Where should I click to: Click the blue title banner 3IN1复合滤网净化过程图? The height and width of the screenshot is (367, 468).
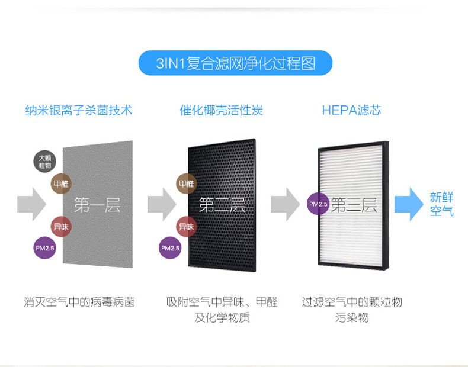click(235, 63)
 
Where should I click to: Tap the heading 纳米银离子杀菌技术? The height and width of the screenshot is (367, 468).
click(79, 111)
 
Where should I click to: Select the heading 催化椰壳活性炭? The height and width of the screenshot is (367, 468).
click(222, 111)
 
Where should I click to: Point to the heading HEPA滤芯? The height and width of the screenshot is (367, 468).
click(351, 111)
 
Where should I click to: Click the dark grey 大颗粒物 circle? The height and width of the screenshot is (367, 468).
click(45, 162)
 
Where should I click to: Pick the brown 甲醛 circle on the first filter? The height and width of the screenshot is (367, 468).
click(62, 184)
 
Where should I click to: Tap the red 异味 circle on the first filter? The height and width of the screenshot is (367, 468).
click(61, 227)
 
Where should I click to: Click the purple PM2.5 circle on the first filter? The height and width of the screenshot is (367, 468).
click(45, 248)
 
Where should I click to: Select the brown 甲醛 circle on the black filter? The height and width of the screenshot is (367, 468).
click(186, 184)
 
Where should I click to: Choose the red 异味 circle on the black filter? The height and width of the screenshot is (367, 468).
click(186, 227)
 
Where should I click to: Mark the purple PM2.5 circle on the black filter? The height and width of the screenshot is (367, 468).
click(170, 248)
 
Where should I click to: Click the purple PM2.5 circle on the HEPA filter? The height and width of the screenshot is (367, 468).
click(318, 204)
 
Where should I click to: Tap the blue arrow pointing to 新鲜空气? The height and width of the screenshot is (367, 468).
click(409, 204)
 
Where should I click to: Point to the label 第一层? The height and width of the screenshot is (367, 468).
click(97, 205)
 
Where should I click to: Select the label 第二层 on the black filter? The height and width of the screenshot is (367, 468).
click(222, 205)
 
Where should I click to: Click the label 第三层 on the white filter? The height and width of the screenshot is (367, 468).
click(354, 205)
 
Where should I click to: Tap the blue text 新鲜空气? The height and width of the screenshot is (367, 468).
click(442, 204)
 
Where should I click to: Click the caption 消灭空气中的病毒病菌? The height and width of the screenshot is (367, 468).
click(79, 302)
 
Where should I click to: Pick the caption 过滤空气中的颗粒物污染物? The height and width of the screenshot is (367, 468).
click(352, 310)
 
